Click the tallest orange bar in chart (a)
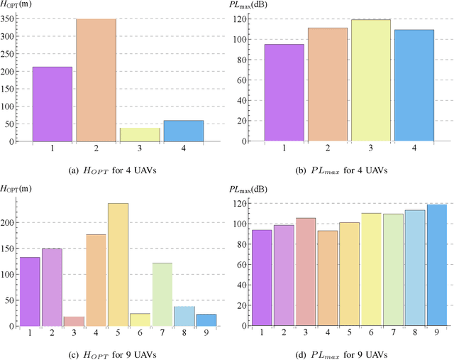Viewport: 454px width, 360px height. (x=96, y=80)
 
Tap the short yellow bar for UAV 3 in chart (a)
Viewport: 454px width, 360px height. (x=140, y=134)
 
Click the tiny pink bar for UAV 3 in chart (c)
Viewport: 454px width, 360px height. (x=74, y=321)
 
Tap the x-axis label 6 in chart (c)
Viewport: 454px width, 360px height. (x=140, y=332)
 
